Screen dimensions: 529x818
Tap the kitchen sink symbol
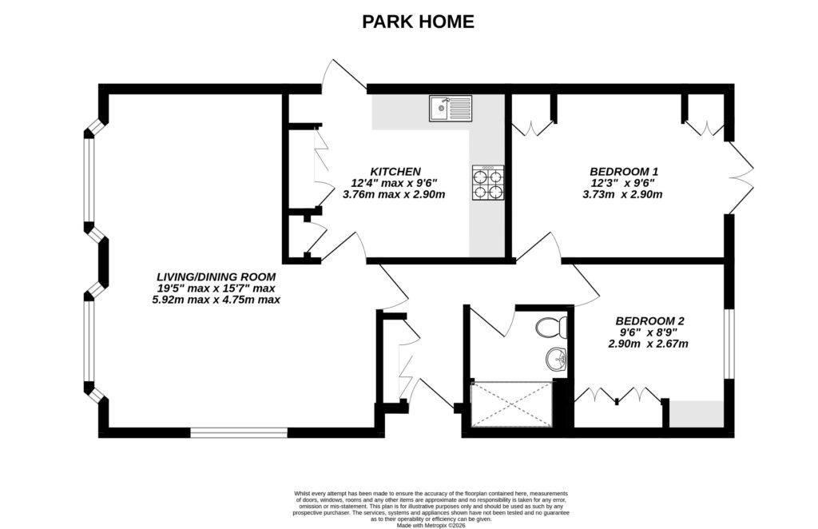coord(450,108)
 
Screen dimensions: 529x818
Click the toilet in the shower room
coord(551,327)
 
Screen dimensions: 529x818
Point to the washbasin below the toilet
coord(557,360)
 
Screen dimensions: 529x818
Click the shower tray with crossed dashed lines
coord(511,405)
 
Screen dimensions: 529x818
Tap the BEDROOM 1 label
coord(624,171)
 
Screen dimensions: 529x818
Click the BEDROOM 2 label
coord(648,320)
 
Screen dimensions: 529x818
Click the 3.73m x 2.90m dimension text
coord(624,194)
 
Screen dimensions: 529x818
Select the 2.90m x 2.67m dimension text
coord(648,344)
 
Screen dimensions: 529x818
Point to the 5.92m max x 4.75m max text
coord(216,300)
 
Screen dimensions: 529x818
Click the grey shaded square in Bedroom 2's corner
coord(696,414)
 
